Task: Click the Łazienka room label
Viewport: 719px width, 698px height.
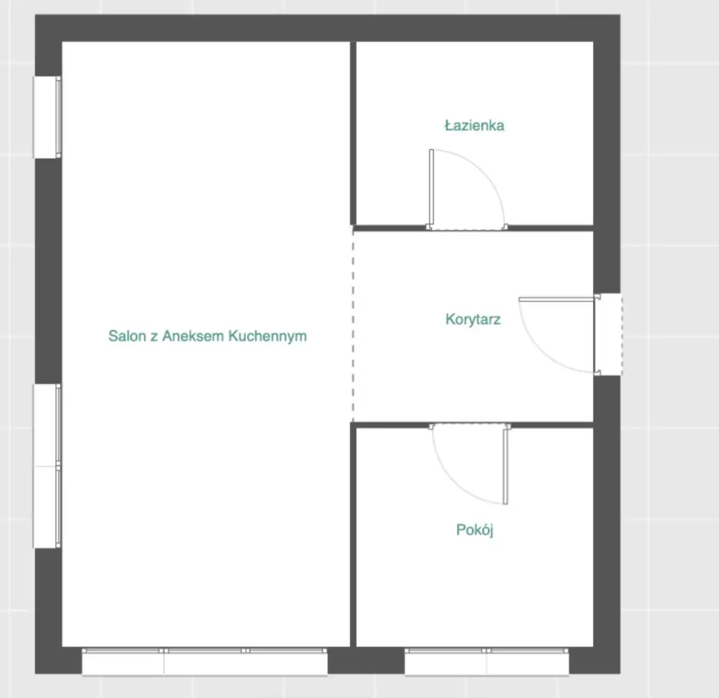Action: click(475, 126)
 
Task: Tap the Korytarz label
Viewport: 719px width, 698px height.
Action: click(473, 319)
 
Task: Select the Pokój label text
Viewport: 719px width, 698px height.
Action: click(475, 530)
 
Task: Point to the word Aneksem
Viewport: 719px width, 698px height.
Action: click(194, 336)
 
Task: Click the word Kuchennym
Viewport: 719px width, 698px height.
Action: click(267, 337)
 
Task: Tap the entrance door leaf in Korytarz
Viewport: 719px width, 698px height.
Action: click(557, 300)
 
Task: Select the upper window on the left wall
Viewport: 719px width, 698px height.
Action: click(47, 117)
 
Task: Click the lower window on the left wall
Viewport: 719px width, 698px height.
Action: click(47, 466)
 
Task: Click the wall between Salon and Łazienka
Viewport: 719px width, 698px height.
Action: click(354, 134)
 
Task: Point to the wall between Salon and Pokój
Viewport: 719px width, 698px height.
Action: click(354, 534)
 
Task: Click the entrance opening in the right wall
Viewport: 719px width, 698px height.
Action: click(608, 335)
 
